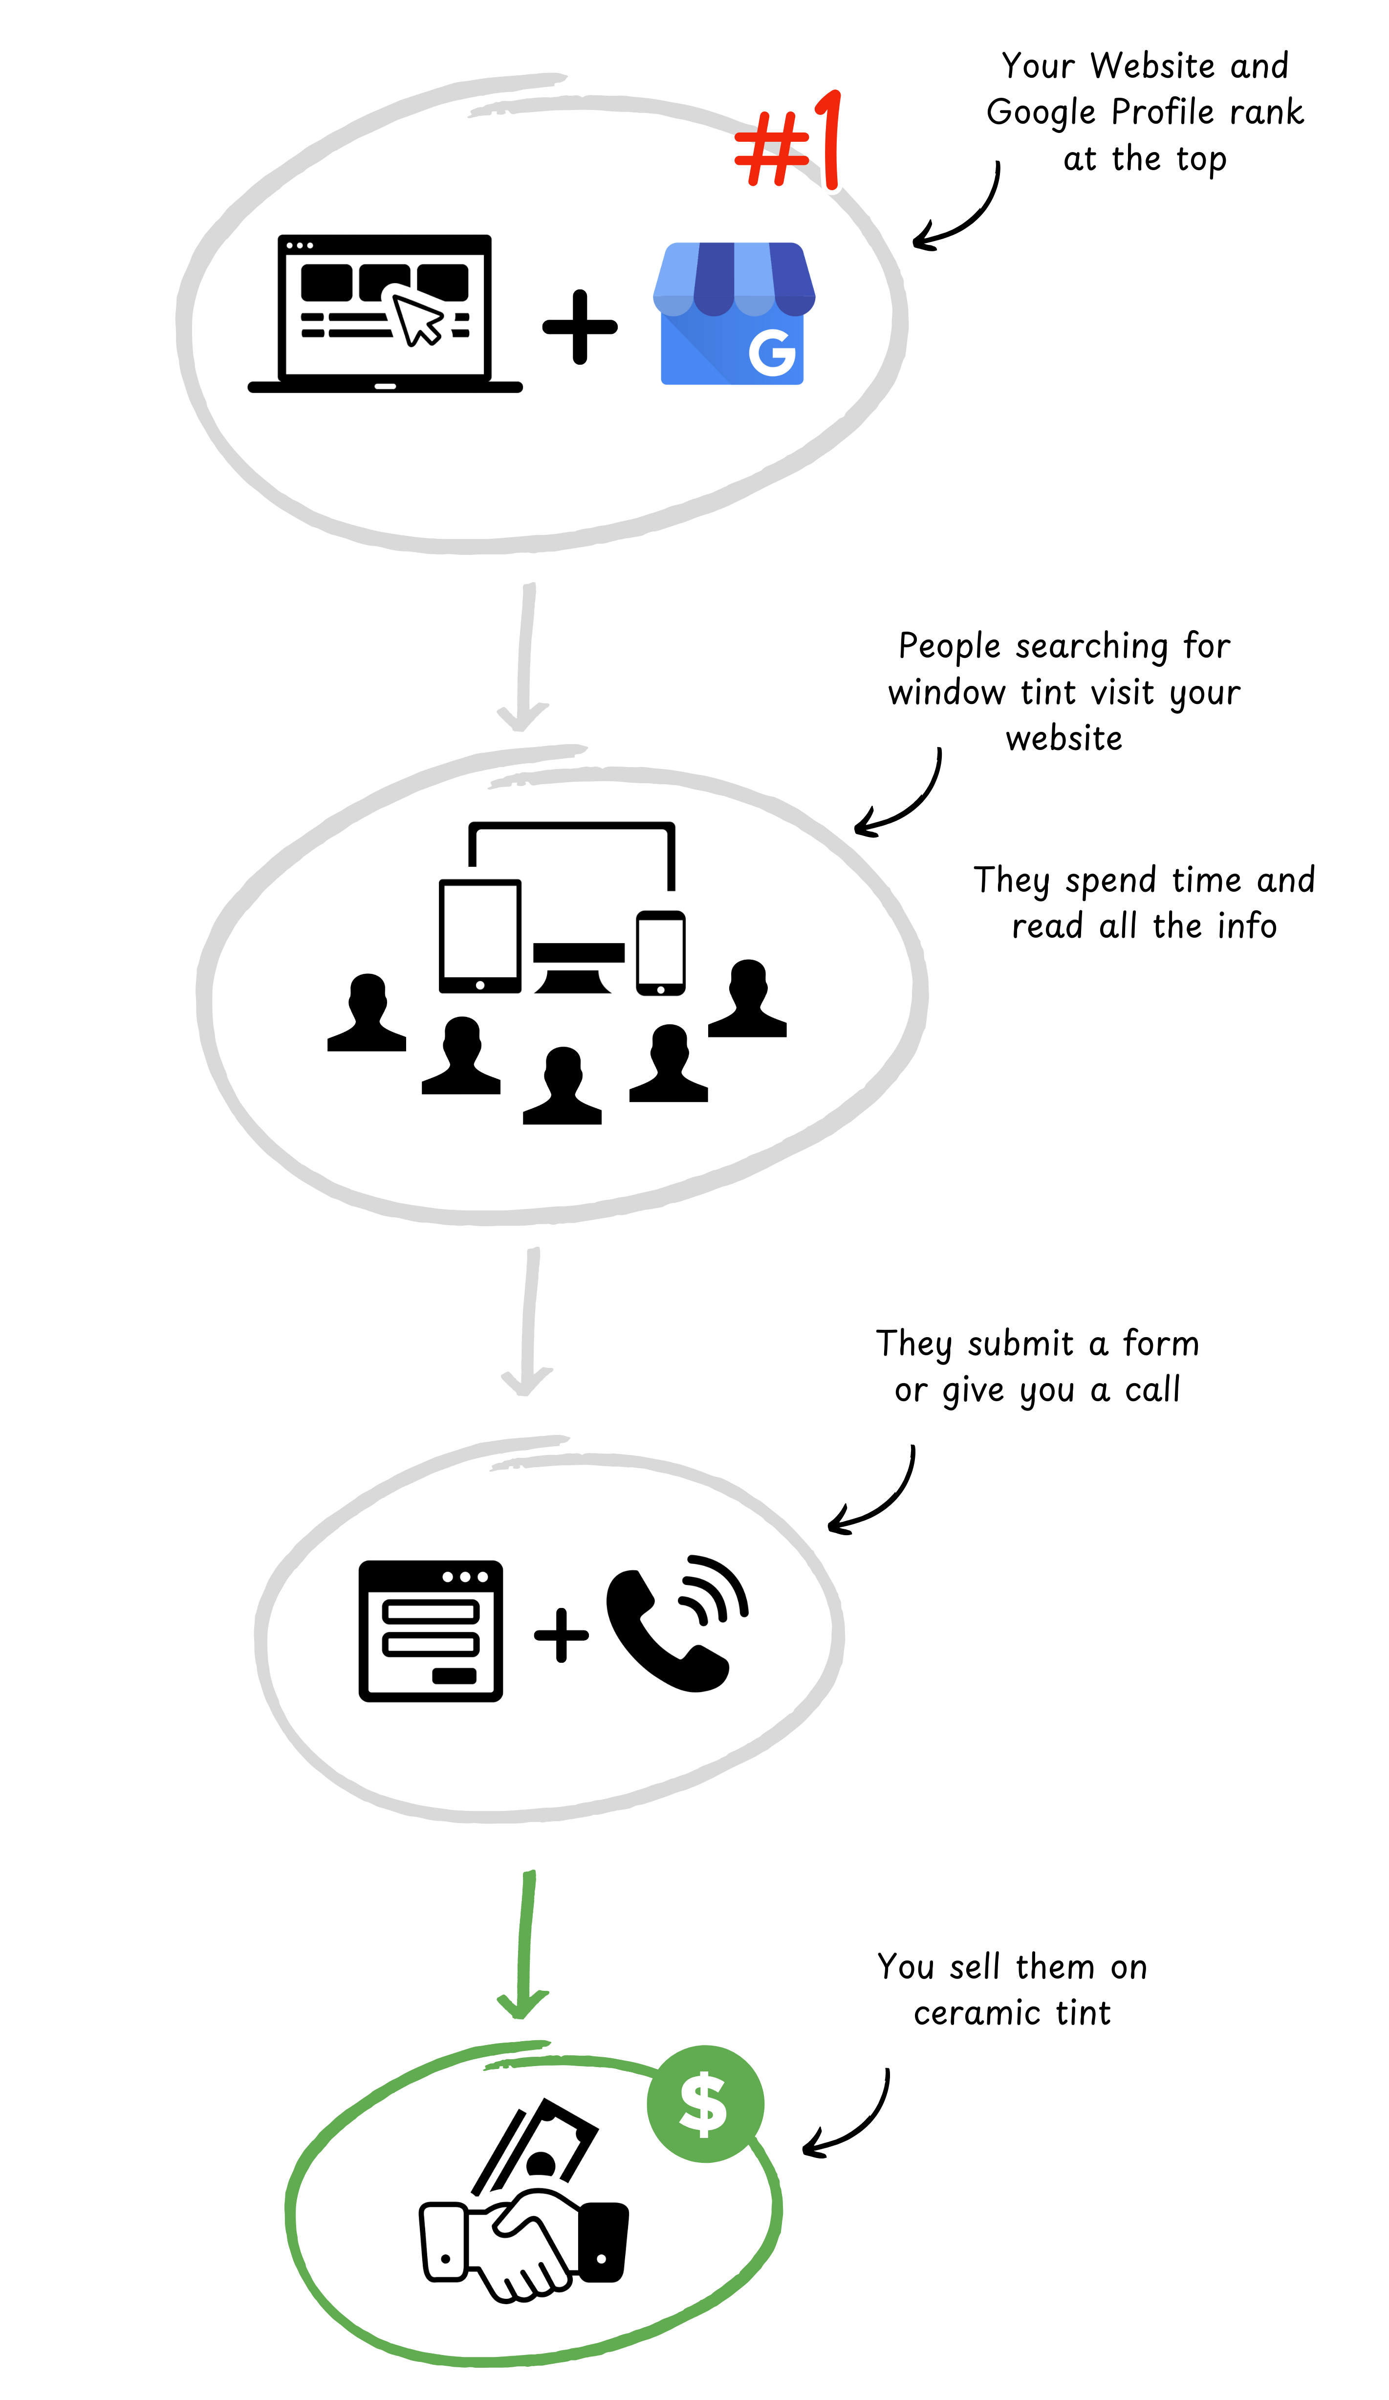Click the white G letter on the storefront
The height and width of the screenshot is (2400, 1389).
[x=771, y=352]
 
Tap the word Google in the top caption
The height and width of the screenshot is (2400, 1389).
[x=1041, y=112]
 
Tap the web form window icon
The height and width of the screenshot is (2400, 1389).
[x=430, y=1630]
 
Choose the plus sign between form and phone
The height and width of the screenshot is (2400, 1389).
[x=561, y=1634]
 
